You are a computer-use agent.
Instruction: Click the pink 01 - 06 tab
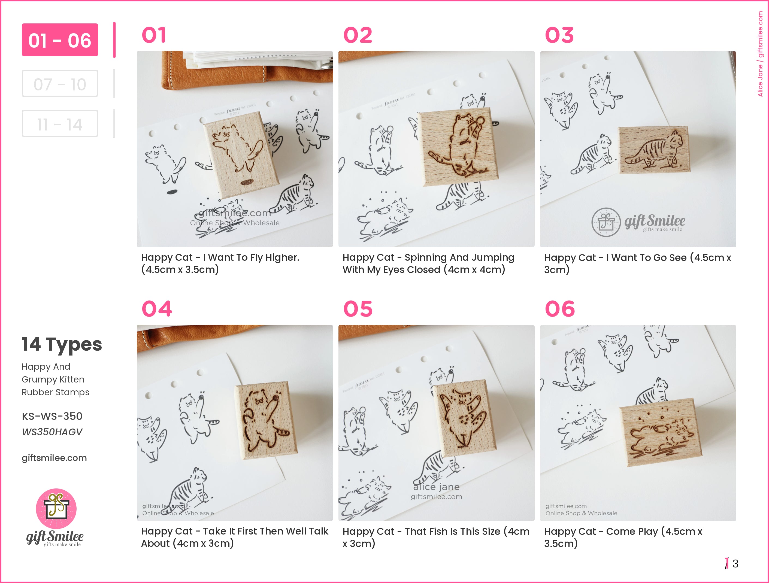(x=60, y=40)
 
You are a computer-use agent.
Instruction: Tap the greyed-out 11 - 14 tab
(x=60, y=124)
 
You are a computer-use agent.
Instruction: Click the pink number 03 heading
(x=559, y=35)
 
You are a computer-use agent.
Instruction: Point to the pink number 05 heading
(x=358, y=309)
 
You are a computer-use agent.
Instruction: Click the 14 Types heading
(x=62, y=345)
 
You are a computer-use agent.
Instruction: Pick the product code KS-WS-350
(x=52, y=416)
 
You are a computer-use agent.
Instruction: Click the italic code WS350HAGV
(x=52, y=432)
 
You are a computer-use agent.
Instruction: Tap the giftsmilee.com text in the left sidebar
(x=54, y=458)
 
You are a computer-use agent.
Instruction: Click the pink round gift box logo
(x=56, y=509)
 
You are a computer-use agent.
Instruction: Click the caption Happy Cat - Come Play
(x=623, y=537)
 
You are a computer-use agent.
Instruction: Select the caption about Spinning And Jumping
(x=428, y=263)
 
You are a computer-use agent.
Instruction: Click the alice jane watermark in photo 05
(x=436, y=487)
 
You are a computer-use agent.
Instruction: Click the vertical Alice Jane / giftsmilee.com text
(x=760, y=54)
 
